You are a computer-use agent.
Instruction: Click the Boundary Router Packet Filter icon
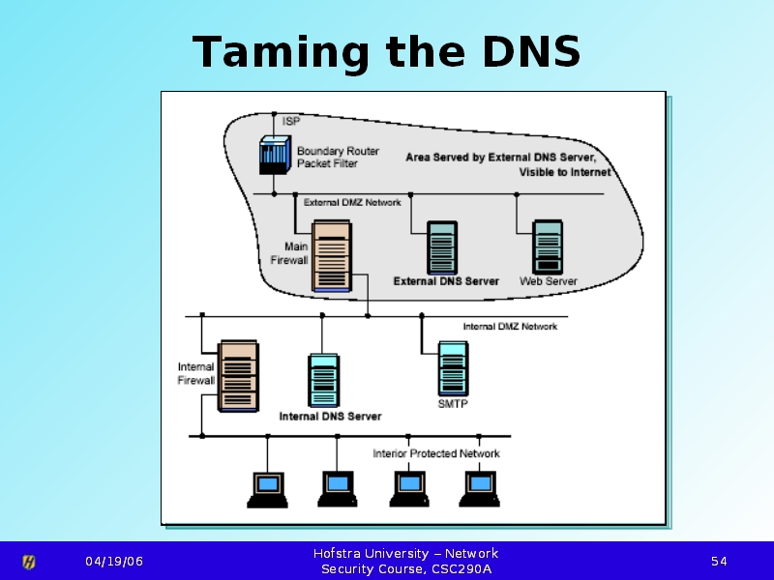[275, 155]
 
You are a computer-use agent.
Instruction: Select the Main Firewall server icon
[332, 256]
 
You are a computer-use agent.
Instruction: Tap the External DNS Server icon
[442, 247]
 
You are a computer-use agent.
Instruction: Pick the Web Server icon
[548, 247]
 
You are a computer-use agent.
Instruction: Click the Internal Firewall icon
[238, 376]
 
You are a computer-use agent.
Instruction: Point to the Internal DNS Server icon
[324, 380]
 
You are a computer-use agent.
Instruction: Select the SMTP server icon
[454, 368]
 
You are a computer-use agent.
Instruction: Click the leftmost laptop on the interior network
[268, 490]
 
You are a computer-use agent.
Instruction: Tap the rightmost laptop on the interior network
[479, 489]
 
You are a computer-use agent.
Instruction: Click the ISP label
[291, 121]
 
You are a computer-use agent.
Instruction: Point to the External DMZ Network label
[352, 203]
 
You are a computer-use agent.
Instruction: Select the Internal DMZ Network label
[510, 327]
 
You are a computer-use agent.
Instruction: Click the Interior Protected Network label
[436, 453]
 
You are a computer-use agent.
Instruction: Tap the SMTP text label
[453, 404]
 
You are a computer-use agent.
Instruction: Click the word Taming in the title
[281, 52]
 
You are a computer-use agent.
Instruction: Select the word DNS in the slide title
[531, 51]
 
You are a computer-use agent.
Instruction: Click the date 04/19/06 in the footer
[114, 562]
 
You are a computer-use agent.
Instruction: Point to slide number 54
[719, 562]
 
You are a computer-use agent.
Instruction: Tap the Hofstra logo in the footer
[29, 562]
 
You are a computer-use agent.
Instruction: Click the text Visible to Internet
[565, 172]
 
